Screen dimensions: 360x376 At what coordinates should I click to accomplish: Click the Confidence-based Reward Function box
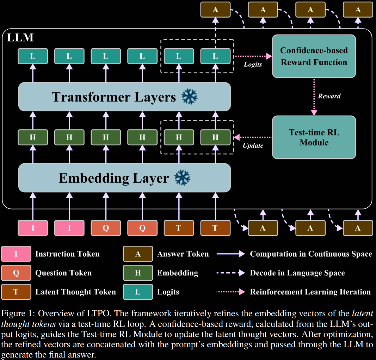(x=314, y=56)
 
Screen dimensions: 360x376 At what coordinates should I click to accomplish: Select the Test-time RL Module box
(x=314, y=138)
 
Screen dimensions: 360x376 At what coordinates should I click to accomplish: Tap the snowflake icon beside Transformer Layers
(x=190, y=97)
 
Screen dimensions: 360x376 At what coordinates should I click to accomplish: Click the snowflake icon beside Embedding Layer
(x=183, y=178)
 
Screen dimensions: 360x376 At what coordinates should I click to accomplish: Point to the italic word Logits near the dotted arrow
(x=253, y=65)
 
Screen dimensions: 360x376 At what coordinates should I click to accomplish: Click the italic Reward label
(x=329, y=96)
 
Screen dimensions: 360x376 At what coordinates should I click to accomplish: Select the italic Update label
(x=253, y=145)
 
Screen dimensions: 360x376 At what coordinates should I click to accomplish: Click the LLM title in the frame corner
(x=20, y=38)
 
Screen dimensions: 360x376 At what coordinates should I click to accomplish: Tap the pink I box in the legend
(x=16, y=254)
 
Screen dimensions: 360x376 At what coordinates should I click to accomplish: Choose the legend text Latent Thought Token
(x=75, y=292)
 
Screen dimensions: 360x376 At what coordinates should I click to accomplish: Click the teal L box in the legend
(x=138, y=292)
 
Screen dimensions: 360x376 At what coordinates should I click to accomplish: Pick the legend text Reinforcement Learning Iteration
(x=310, y=292)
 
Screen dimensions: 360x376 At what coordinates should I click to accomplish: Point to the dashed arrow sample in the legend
(x=230, y=273)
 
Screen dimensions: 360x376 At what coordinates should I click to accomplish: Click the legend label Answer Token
(x=183, y=254)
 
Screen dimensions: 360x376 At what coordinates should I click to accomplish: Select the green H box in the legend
(x=138, y=273)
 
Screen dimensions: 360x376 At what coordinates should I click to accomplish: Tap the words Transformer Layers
(x=113, y=97)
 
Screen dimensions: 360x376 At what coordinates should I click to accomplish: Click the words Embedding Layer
(x=113, y=178)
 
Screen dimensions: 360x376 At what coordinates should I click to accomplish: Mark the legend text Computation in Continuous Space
(x=311, y=254)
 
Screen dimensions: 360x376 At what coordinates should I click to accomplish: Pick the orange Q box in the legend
(x=16, y=273)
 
